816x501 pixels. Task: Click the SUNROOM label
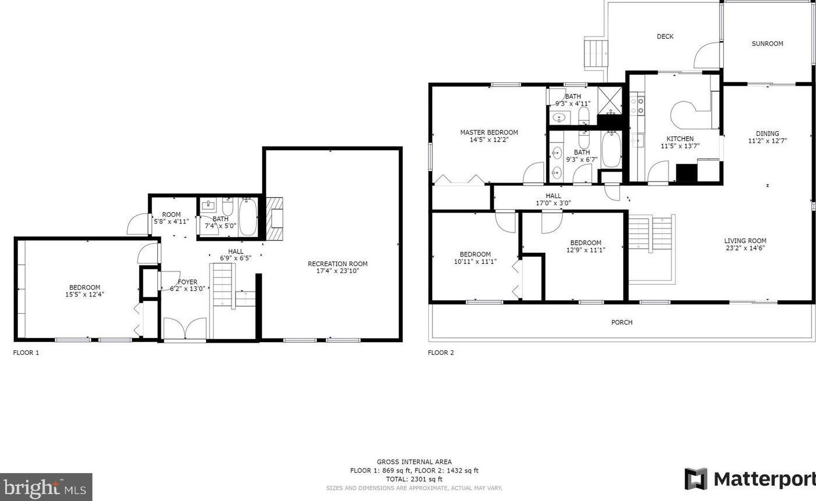click(767, 43)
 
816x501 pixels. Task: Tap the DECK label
click(665, 37)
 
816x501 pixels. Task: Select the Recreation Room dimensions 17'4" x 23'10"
click(337, 271)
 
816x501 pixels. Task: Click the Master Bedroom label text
click(489, 132)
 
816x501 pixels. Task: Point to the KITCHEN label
click(680, 139)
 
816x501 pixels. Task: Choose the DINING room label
click(767, 133)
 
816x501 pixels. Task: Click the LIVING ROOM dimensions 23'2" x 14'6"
click(745, 248)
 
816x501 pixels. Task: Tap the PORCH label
click(622, 322)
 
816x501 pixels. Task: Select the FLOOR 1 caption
click(26, 353)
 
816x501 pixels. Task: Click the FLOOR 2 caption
click(441, 353)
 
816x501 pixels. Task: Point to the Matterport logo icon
click(696, 479)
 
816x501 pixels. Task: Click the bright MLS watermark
click(46, 487)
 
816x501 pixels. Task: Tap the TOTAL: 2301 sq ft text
click(414, 480)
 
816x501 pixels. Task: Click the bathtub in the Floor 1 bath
click(248, 217)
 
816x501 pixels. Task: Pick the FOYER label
click(187, 282)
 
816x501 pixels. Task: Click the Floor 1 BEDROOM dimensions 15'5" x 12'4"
click(85, 295)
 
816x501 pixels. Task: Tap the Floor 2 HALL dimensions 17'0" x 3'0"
click(553, 204)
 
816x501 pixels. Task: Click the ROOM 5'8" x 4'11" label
click(171, 218)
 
